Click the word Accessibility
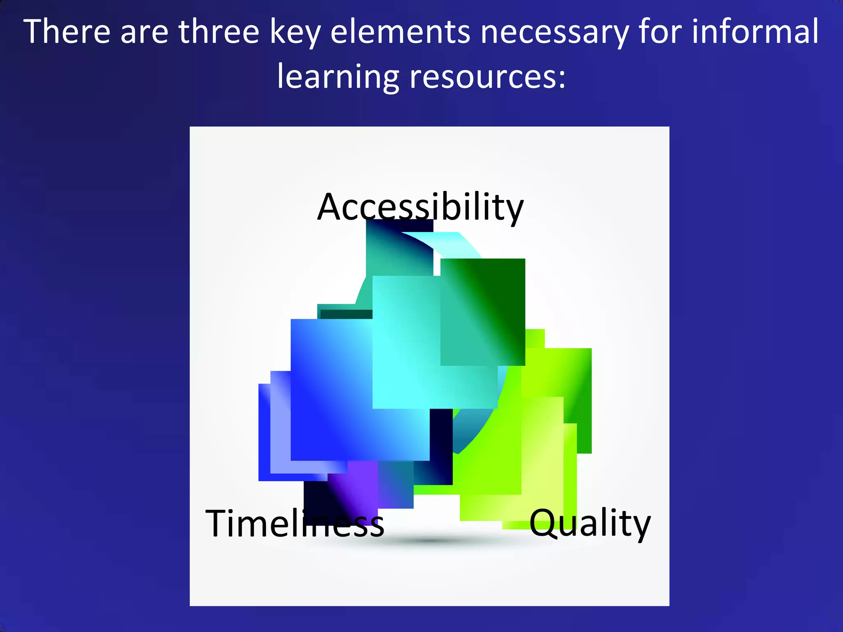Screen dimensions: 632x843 pyautogui.click(x=420, y=207)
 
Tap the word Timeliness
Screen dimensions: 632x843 pyautogui.click(x=294, y=523)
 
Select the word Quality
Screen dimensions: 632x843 pyautogui.click(x=589, y=523)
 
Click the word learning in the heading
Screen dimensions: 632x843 pyautogui.click(x=338, y=77)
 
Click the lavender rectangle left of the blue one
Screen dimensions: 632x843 pyautogui.click(x=280, y=424)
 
